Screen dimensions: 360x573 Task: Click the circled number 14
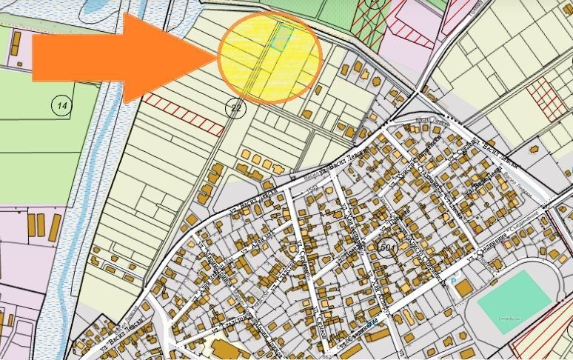[62, 106]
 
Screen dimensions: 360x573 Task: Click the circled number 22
[236, 109]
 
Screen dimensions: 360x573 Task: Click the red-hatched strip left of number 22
[183, 115]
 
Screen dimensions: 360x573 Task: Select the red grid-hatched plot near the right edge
[546, 97]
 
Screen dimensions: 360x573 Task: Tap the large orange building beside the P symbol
[463, 287]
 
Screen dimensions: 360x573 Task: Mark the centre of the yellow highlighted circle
[270, 57]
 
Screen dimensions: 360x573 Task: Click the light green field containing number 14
[44, 133]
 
